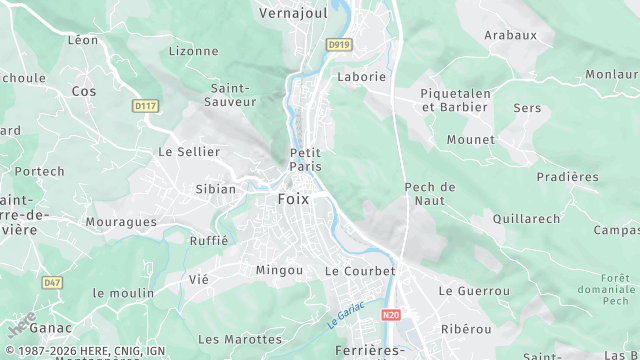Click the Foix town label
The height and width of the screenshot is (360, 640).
(x=293, y=199)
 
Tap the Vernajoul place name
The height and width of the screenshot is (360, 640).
(x=294, y=13)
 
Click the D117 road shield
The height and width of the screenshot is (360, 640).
(x=145, y=104)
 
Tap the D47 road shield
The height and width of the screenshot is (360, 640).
(x=53, y=283)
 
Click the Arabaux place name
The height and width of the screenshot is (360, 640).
(x=510, y=35)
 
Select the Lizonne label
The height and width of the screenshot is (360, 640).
(x=193, y=51)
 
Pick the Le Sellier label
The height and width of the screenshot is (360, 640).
(x=189, y=152)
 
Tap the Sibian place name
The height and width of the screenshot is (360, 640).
(x=215, y=189)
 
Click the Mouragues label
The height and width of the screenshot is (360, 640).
(x=121, y=221)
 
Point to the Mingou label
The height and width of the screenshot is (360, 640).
(x=279, y=270)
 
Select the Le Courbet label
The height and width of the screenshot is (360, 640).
(x=360, y=271)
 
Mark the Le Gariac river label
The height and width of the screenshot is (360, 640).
(x=345, y=314)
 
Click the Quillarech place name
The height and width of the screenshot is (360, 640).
(x=526, y=218)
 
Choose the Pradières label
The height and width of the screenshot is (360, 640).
(x=567, y=177)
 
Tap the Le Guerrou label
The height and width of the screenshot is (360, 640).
(x=474, y=291)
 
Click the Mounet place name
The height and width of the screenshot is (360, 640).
(x=471, y=140)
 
